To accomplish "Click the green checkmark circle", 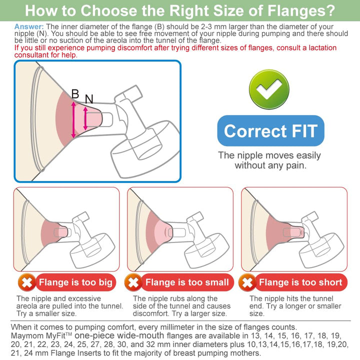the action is point(269,89).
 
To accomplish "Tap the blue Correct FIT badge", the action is point(270,130).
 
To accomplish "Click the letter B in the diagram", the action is point(75,93).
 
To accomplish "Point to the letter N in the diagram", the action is point(89,99).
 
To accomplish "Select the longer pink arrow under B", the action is point(73,120).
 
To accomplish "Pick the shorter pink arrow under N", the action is point(85,118).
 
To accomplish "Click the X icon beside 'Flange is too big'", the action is point(27,282).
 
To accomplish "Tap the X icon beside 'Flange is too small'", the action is point(133,282).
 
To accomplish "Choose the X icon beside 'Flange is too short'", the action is point(247,282).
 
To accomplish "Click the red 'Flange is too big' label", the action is point(76,282).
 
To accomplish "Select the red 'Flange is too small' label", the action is point(187,282).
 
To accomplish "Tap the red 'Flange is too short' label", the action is point(301,282).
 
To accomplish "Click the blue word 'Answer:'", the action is point(29,27).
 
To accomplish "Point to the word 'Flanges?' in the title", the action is point(301,11).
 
